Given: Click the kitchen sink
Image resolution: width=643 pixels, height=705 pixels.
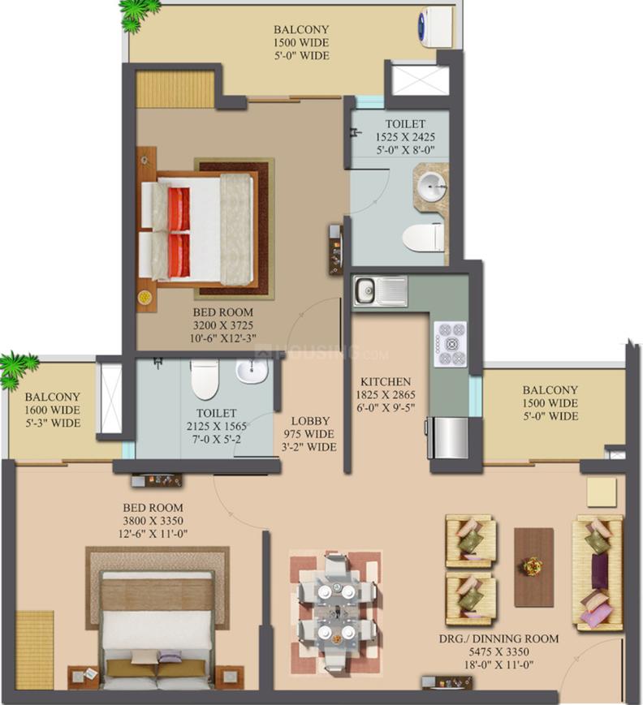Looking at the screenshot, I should [x=365, y=289].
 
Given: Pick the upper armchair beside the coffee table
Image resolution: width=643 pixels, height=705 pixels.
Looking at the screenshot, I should [x=471, y=539].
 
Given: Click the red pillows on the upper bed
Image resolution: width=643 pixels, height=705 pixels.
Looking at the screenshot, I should [x=179, y=230].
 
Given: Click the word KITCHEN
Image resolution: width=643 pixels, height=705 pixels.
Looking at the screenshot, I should [x=386, y=381].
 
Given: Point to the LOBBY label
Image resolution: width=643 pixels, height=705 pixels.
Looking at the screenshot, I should [x=311, y=421].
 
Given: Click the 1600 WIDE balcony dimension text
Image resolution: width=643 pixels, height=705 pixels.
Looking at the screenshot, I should [x=52, y=411].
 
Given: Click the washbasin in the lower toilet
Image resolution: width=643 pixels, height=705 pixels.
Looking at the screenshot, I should [x=252, y=372].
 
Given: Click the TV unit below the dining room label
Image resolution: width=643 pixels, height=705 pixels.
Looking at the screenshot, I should [x=442, y=681].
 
